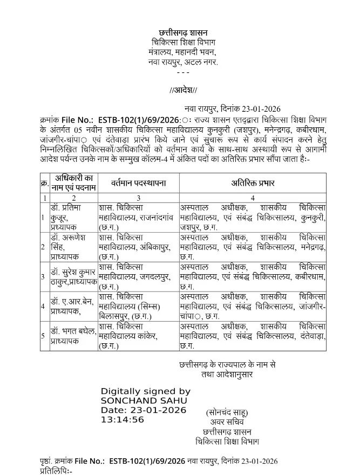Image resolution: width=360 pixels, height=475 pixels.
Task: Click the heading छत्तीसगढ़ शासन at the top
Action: coord(183,33)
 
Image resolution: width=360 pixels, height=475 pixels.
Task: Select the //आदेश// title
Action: coord(184,90)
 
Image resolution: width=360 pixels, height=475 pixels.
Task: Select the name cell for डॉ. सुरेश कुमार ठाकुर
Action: coord(73,276)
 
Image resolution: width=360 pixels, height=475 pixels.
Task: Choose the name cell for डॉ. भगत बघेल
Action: coord(73,336)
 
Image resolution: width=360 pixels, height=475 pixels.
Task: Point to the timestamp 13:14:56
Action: coord(123,419)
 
